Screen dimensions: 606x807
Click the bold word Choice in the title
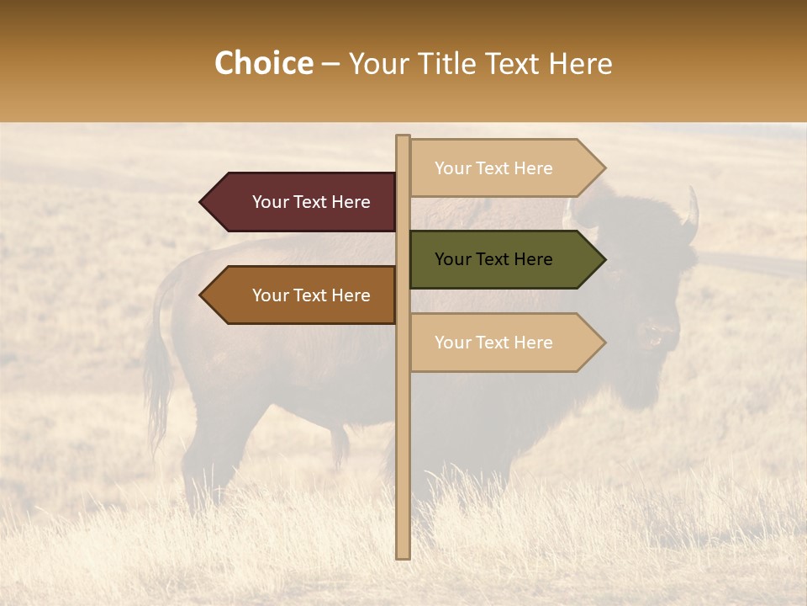(263, 64)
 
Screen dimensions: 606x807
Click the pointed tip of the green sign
(604, 259)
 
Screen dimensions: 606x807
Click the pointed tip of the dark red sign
(202, 202)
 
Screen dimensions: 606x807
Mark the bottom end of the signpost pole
(403, 555)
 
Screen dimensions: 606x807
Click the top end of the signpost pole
(403, 137)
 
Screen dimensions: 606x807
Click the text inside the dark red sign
(311, 202)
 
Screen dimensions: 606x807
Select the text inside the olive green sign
(493, 259)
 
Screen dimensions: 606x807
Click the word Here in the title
(580, 64)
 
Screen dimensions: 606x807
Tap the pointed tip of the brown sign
(202, 295)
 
